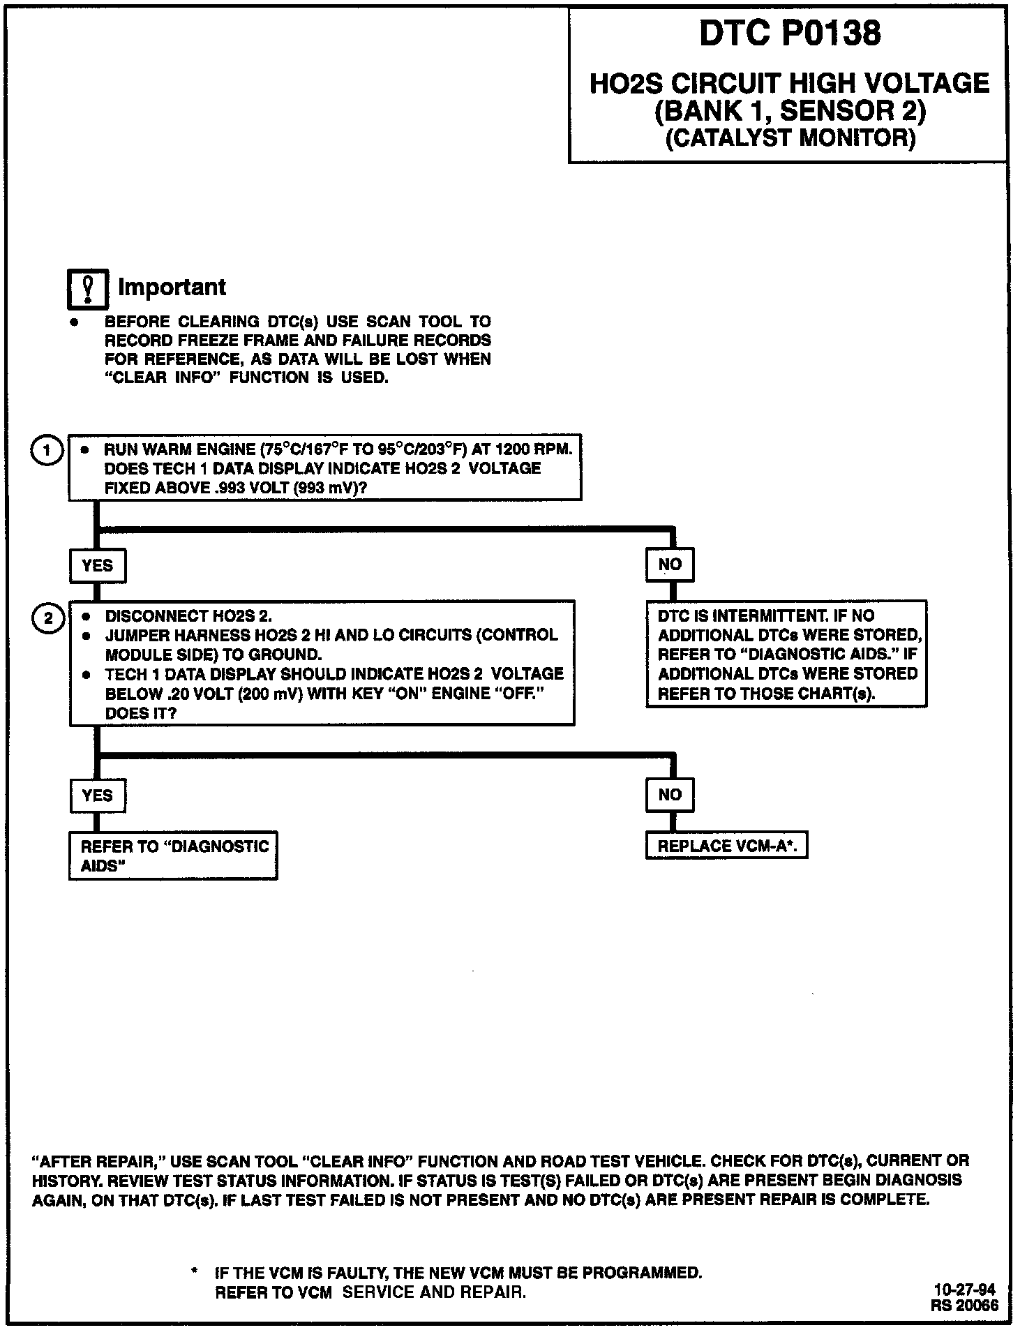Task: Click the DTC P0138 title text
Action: tap(789, 33)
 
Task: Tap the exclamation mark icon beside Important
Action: tap(88, 288)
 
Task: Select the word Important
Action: tap(172, 287)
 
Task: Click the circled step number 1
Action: tap(47, 450)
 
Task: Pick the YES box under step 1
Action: tap(97, 565)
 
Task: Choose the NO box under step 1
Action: tap(669, 565)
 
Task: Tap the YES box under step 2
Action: tap(97, 795)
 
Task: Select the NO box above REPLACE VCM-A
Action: tap(669, 794)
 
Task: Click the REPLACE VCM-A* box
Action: tap(726, 846)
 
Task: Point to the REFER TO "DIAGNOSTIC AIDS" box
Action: tap(173, 855)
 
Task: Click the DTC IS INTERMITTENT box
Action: tap(786, 655)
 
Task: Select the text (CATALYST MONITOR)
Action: tap(790, 137)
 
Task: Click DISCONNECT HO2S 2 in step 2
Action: tap(188, 616)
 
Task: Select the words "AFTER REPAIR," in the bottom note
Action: tap(98, 1162)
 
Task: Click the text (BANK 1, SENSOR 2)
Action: tap(790, 110)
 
